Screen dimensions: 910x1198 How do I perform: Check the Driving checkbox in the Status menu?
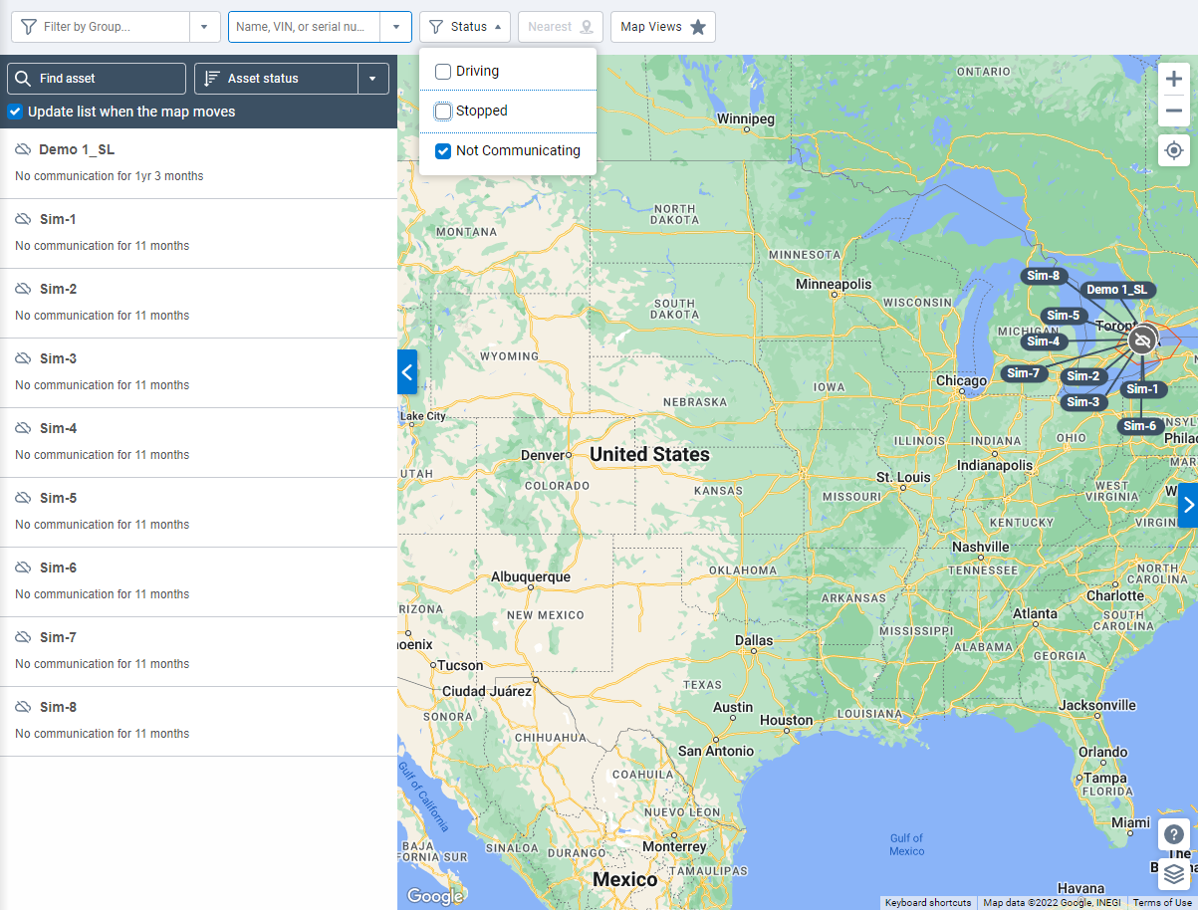(x=443, y=72)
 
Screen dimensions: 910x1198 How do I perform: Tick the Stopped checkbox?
(x=443, y=112)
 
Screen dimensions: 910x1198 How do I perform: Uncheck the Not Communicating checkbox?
(x=443, y=151)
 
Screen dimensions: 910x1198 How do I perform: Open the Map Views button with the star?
(x=662, y=27)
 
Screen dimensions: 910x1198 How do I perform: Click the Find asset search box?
(x=97, y=79)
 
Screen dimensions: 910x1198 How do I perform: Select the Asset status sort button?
(x=276, y=79)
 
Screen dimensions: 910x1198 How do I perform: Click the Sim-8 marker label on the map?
(x=1044, y=276)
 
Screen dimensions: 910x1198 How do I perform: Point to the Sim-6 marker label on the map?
(x=1140, y=426)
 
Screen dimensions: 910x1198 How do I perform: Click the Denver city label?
(x=543, y=455)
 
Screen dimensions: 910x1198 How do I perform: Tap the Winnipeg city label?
(x=745, y=118)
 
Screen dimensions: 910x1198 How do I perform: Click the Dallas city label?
(x=754, y=640)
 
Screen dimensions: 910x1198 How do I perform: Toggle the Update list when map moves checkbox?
(x=15, y=112)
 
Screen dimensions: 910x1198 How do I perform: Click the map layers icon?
(x=1174, y=874)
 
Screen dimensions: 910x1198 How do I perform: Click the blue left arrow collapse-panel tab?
(x=406, y=372)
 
